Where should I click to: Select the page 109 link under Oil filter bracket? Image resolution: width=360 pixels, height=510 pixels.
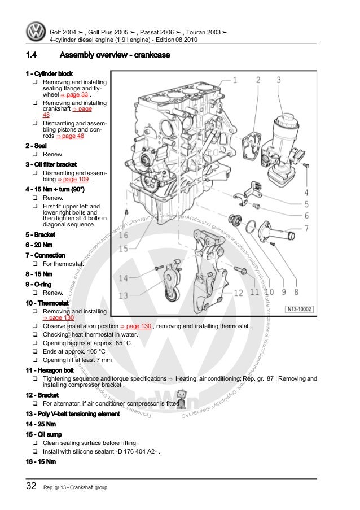click(x=75, y=180)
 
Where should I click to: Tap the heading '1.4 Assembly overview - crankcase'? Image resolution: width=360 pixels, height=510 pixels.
click(x=97, y=56)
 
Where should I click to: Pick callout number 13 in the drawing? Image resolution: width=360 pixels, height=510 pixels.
click(x=123, y=295)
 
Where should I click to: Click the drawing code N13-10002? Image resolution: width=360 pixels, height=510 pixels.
click(x=299, y=309)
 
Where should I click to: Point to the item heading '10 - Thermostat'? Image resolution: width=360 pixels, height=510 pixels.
click(x=47, y=303)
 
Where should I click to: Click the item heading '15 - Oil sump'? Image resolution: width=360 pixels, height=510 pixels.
click(x=45, y=434)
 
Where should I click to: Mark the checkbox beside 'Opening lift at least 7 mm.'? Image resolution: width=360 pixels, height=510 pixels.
click(x=35, y=360)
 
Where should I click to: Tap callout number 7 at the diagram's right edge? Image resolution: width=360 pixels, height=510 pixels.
click(x=306, y=229)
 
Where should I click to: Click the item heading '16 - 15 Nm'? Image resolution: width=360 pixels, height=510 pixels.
click(x=41, y=463)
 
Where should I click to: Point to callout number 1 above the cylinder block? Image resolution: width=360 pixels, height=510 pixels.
click(x=234, y=80)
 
